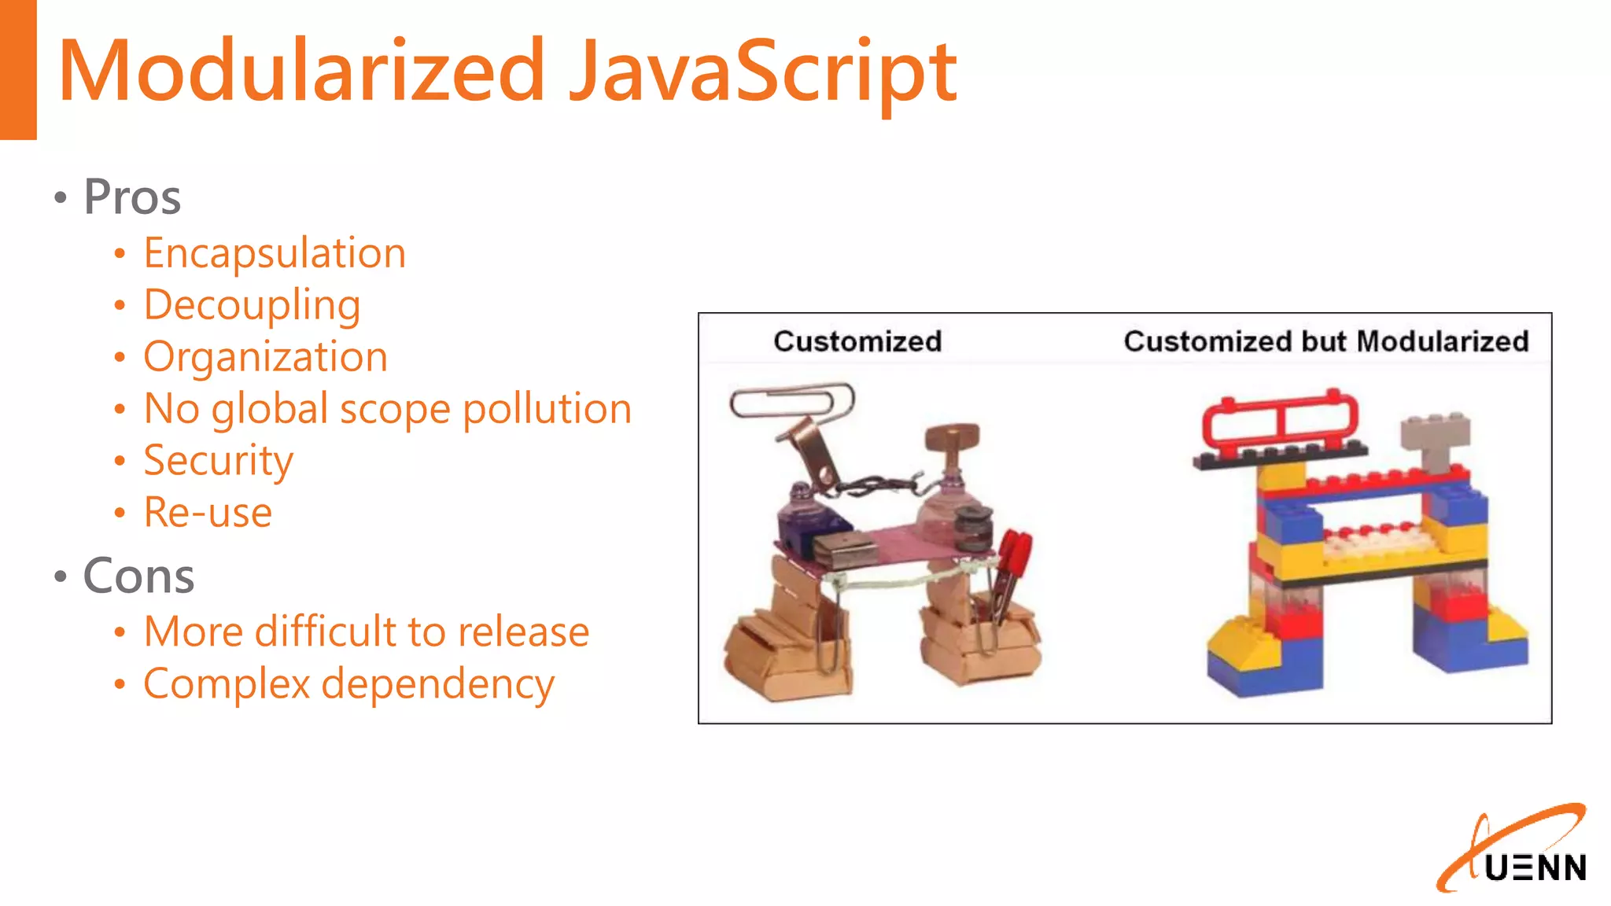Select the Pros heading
click(132, 197)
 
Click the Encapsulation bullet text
click(275, 253)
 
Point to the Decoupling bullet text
click(252, 305)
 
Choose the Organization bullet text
click(265, 357)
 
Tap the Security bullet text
click(218, 461)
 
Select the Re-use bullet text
click(208, 513)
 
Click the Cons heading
click(138, 576)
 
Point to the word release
click(523, 632)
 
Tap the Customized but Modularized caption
click(1325, 341)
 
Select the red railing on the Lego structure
click(1280, 421)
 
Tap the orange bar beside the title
click(18, 69)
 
